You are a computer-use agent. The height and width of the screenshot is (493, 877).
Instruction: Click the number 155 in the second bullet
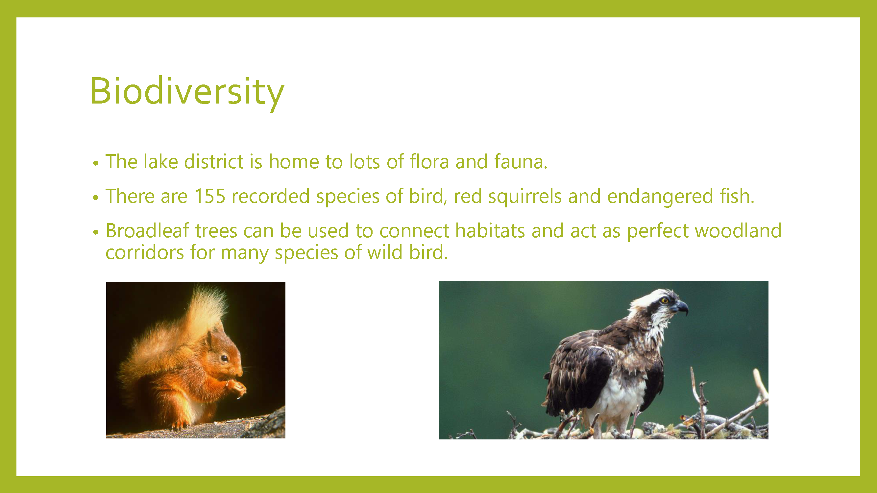click(x=210, y=196)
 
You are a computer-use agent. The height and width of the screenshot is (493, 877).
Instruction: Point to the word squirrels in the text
click(x=524, y=197)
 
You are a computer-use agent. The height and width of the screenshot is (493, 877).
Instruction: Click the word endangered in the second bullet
click(x=660, y=197)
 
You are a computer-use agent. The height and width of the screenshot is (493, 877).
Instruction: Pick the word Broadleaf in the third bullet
click(x=147, y=230)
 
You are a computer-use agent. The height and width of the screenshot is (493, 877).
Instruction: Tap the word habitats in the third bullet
click(x=490, y=230)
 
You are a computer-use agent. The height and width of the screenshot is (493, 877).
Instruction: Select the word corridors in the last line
click(x=145, y=252)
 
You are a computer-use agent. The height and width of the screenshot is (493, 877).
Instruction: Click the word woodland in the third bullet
click(x=738, y=230)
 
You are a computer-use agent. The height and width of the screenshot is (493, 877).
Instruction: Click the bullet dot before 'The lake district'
click(x=96, y=163)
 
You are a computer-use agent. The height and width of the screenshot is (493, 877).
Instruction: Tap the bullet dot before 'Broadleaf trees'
click(x=96, y=232)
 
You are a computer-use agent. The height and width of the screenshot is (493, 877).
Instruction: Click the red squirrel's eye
click(x=224, y=358)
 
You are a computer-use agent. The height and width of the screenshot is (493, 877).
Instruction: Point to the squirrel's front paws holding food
click(x=237, y=387)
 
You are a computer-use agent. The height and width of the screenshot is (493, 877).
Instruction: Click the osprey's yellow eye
click(x=664, y=300)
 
